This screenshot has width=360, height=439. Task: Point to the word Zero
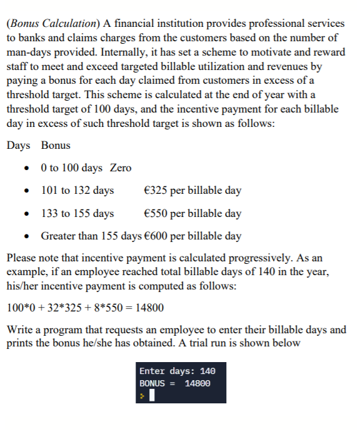click(121, 168)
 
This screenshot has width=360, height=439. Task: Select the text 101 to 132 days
click(77, 190)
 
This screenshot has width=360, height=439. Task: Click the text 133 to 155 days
click(77, 213)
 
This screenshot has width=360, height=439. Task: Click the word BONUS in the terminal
click(152, 383)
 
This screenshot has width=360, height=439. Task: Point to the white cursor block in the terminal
click(152, 396)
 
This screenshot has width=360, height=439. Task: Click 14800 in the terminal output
click(198, 383)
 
